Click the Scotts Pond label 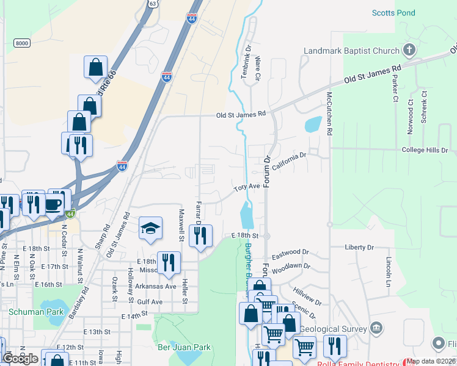[x=393, y=13]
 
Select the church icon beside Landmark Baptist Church [x=408, y=51]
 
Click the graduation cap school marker [x=151, y=228]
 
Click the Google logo [x=20, y=358]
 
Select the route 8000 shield [x=22, y=43]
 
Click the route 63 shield [x=153, y=3]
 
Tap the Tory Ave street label [x=247, y=187]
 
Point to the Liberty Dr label [x=359, y=247]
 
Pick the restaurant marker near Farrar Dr [x=200, y=236]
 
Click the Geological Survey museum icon [x=376, y=329]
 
